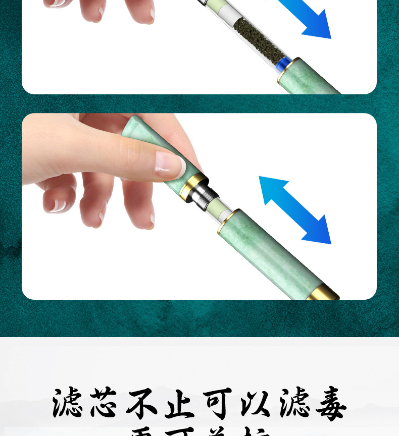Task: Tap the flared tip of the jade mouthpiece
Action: click(133, 126)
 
